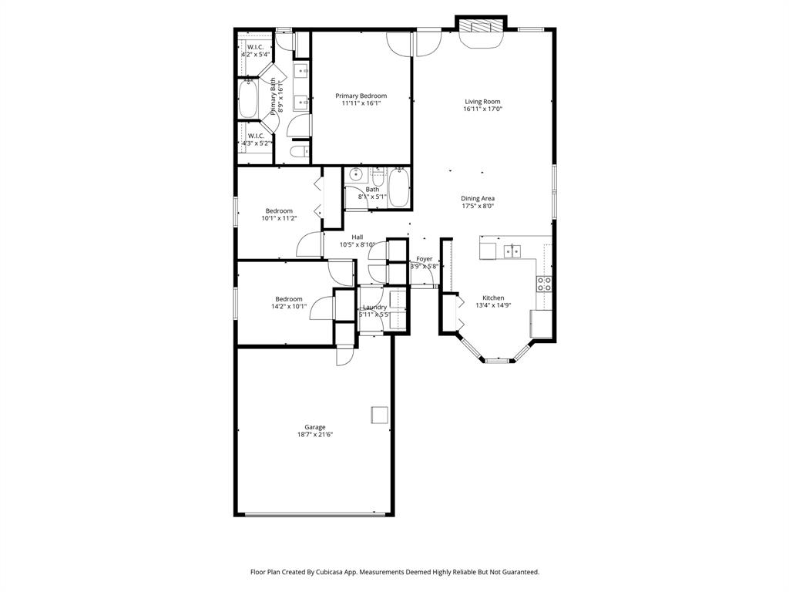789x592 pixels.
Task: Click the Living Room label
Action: click(x=482, y=102)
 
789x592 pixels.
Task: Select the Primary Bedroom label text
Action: click(x=361, y=96)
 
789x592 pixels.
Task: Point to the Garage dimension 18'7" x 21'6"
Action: click(x=314, y=435)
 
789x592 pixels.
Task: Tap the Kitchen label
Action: click(x=493, y=298)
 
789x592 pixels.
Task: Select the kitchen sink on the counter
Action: click(x=512, y=251)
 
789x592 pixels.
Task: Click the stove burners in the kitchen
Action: click(x=544, y=284)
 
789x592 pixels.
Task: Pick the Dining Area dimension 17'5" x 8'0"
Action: click(x=478, y=207)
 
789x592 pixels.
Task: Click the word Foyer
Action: click(x=425, y=259)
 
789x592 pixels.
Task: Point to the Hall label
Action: click(x=358, y=237)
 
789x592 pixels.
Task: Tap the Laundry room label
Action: click(x=374, y=307)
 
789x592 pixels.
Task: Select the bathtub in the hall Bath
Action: click(x=398, y=187)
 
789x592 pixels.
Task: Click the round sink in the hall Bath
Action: click(x=355, y=175)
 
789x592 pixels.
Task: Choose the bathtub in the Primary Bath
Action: click(x=248, y=99)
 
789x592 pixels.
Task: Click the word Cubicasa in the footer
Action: click(x=351, y=572)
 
